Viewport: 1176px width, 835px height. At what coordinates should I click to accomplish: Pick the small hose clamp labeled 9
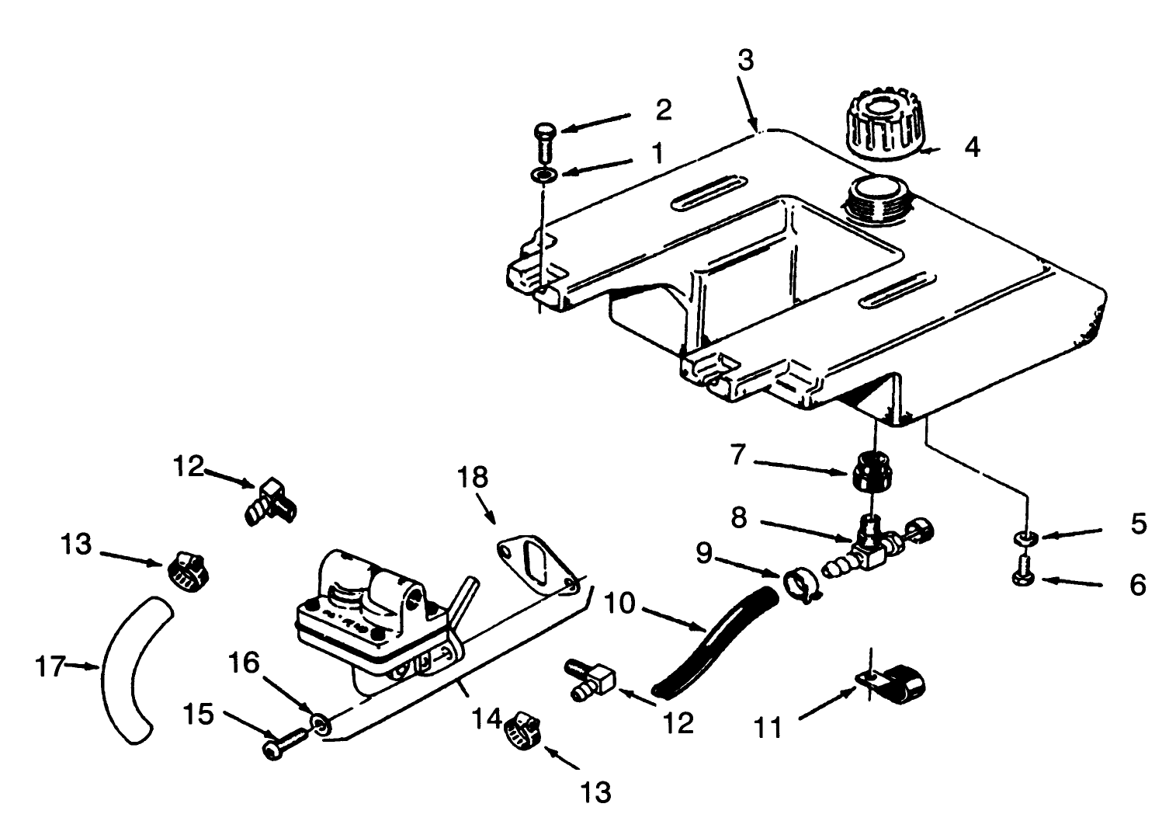798,583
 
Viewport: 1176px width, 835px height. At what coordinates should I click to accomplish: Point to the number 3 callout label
745,61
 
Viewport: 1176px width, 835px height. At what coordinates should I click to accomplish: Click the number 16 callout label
242,665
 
